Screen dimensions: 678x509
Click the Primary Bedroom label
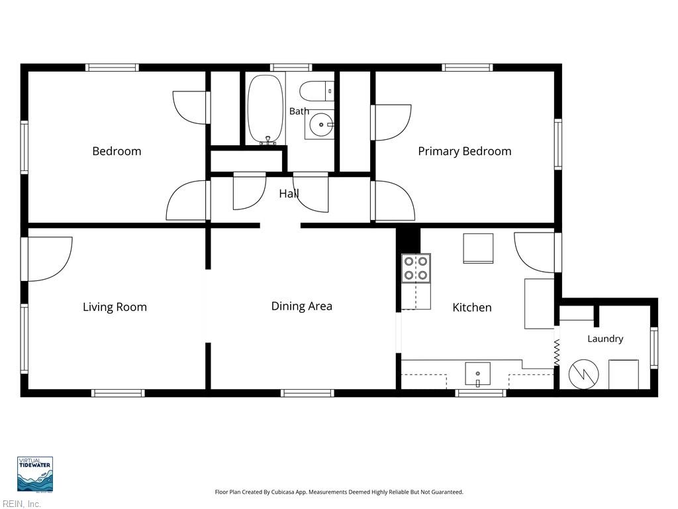click(x=464, y=151)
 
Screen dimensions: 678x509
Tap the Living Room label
click(x=115, y=307)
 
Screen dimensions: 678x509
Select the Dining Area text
click(x=301, y=306)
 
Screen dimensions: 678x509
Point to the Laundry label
click(x=605, y=339)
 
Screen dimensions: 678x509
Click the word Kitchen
click(x=471, y=308)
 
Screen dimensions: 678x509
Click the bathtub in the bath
click(x=266, y=109)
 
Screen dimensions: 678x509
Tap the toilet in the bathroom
click(x=316, y=91)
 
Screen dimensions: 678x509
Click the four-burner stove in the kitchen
click(x=416, y=268)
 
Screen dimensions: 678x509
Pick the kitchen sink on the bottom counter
click(x=478, y=374)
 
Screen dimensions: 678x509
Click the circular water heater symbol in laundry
click(x=583, y=374)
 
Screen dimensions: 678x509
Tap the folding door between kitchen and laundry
click(x=557, y=353)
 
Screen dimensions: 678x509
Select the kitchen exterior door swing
click(x=534, y=253)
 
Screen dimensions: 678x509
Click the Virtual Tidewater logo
click(x=35, y=475)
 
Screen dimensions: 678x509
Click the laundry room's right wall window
click(x=654, y=349)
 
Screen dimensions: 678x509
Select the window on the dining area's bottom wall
click(x=307, y=393)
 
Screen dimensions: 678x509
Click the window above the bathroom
click(x=291, y=68)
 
